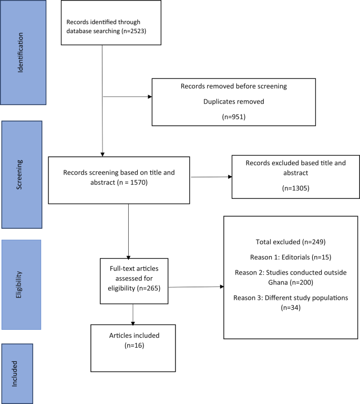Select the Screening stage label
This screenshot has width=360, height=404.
(21, 175)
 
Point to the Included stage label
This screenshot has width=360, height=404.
(17, 373)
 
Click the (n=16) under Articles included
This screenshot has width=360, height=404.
(134, 346)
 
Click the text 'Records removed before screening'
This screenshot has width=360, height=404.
(233, 86)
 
